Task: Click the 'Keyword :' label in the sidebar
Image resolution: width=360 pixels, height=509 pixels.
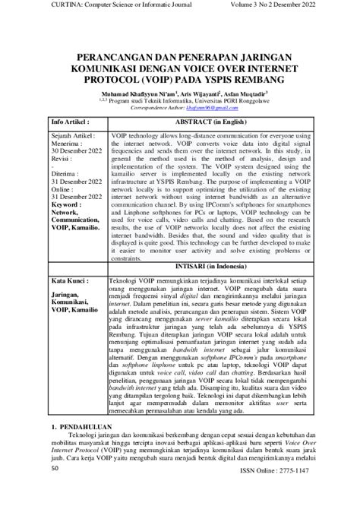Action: click(68, 184)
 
